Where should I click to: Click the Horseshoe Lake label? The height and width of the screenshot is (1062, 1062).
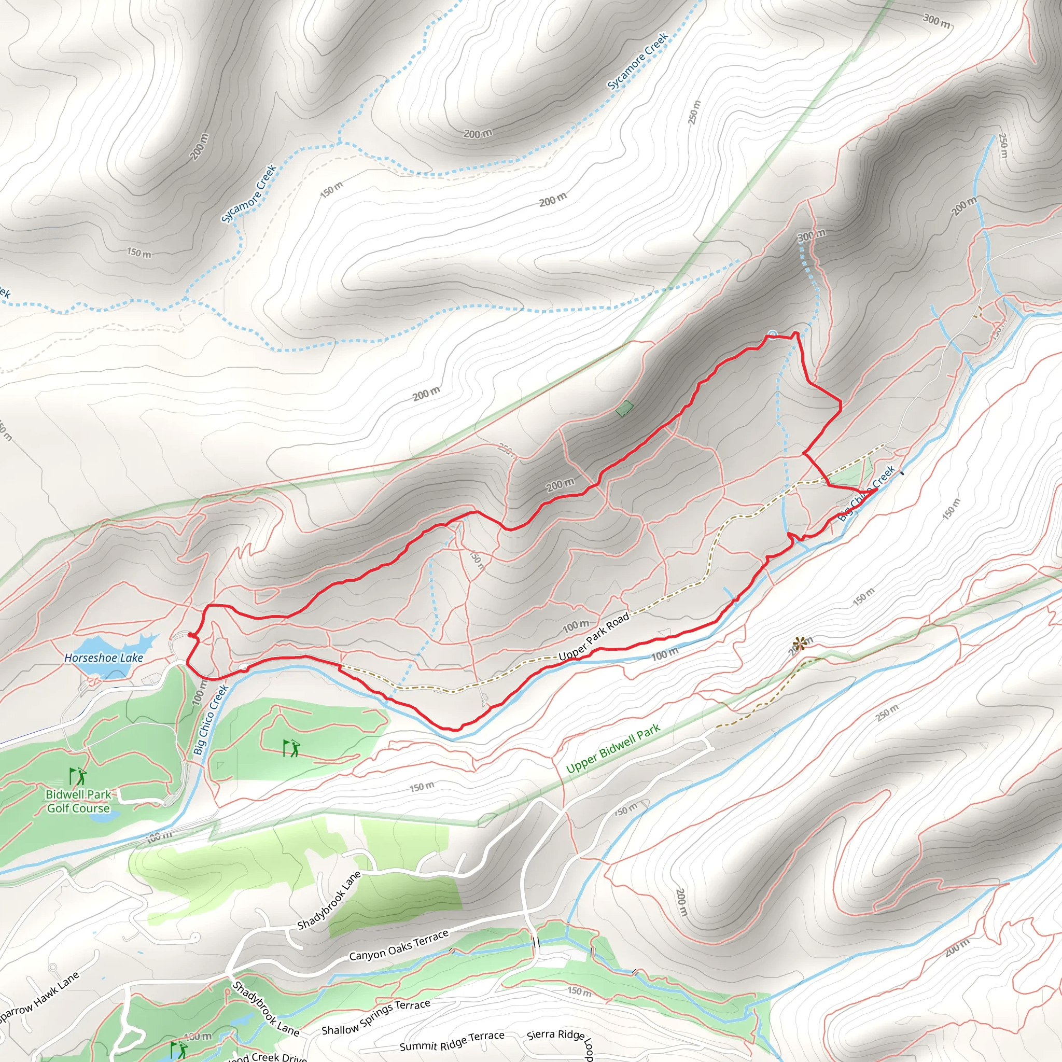[103, 658]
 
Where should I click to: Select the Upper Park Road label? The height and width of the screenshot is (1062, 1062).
[594, 637]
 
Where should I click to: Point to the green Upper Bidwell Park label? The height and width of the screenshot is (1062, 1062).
[613, 749]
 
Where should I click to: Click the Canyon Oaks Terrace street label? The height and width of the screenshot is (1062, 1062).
[399, 945]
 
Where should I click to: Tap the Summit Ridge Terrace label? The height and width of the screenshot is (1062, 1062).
[452, 1041]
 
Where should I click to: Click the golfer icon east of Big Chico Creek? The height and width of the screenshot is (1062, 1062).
[291, 748]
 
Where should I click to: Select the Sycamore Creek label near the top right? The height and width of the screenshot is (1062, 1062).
[638, 61]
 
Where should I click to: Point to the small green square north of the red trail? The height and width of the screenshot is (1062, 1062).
[624, 409]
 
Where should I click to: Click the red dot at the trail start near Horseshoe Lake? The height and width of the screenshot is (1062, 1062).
[191, 635]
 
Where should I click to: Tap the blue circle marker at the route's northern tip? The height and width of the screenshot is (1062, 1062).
[772, 334]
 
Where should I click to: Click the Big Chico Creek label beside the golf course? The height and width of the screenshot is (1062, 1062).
[211, 720]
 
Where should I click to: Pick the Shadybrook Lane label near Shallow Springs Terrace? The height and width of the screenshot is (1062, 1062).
[265, 1009]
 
